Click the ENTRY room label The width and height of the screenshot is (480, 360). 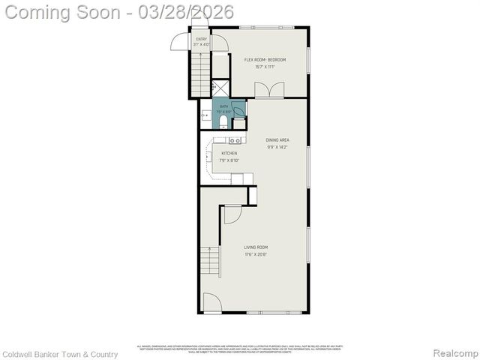point(201,38)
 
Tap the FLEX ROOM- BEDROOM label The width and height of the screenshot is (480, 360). point(265,60)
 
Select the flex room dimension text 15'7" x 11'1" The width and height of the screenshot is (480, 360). point(265,67)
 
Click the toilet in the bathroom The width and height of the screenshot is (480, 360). point(223,121)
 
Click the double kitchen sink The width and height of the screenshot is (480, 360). point(235,140)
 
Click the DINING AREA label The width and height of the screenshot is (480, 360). point(277,140)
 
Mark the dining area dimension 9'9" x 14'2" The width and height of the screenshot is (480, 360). point(277,147)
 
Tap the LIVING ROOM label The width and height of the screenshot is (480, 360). point(256,247)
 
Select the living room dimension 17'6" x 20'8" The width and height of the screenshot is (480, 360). point(256,254)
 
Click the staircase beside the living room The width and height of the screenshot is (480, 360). point(211,262)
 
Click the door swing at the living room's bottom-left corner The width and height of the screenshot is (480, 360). point(211,303)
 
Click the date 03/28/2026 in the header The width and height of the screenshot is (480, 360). point(190,12)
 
